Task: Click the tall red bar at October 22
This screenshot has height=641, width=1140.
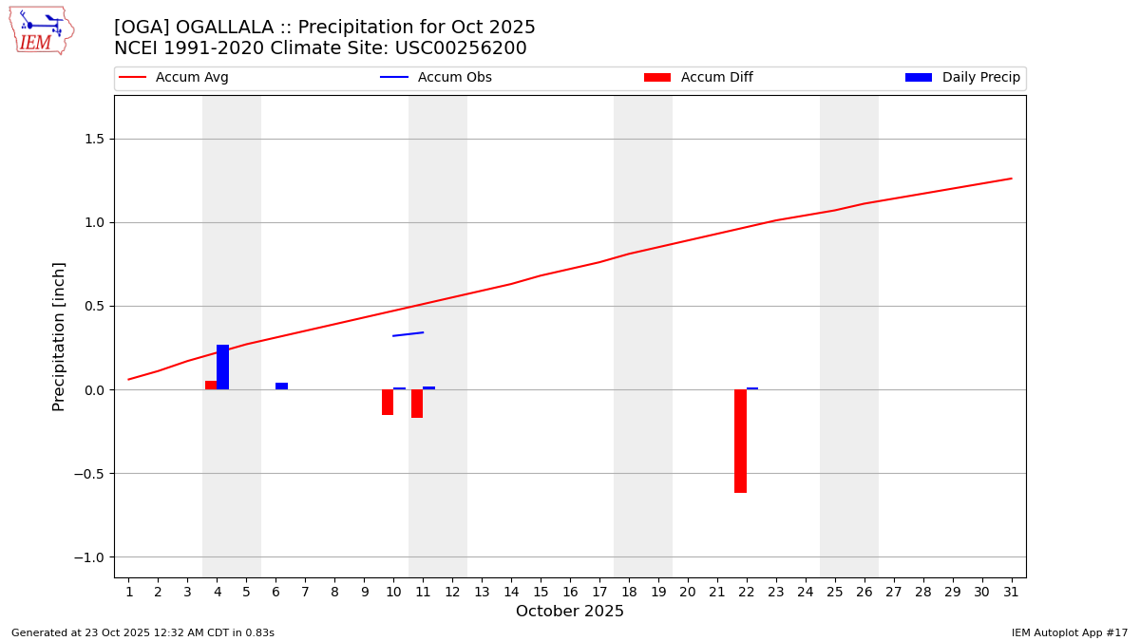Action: (x=740, y=441)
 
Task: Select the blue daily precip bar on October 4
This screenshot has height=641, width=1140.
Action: (x=222, y=368)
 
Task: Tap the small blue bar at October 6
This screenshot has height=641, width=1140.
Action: (x=281, y=386)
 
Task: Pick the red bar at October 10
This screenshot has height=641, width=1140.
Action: (x=388, y=403)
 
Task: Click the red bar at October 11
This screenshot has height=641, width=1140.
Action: (x=417, y=404)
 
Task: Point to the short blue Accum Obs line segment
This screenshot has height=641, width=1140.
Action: (x=408, y=333)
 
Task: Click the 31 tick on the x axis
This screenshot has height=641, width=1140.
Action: (x=1011, y=593)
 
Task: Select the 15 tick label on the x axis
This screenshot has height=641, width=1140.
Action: (x=541, y=593)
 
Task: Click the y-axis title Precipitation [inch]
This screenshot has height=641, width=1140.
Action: (x=59, y=336)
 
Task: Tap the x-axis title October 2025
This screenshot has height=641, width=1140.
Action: (x=570, y=612)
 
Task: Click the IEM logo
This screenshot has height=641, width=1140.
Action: (x=41, y=30)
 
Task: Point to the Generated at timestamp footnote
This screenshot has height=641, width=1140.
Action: (x=142, y=632)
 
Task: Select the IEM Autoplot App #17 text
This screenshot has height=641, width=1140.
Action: (x=1069, y=632)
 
